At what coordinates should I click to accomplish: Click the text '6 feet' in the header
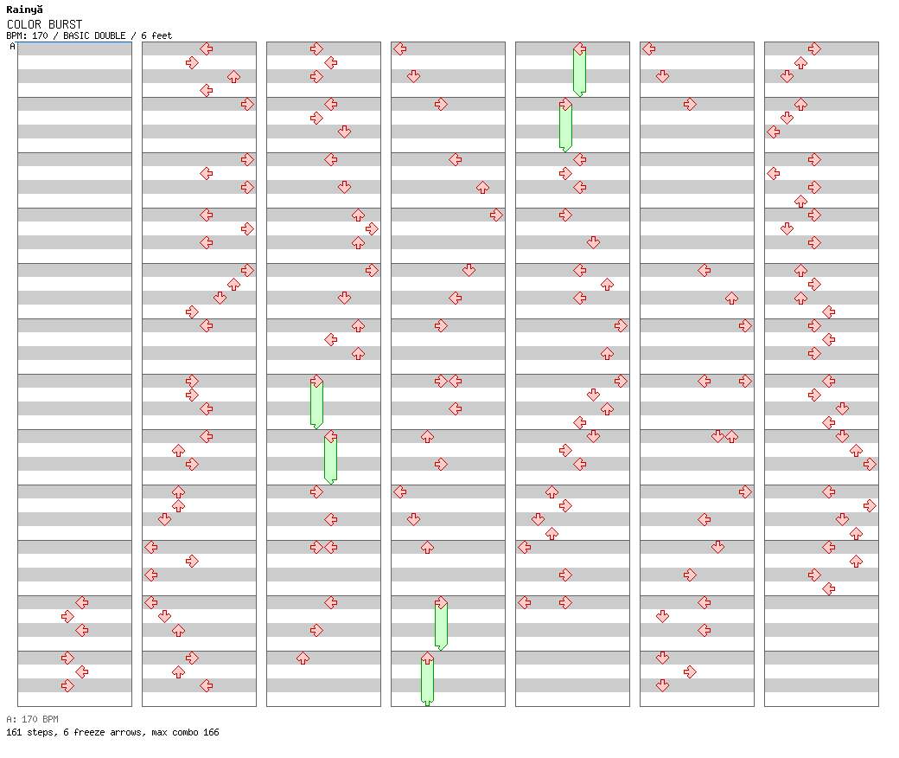156,36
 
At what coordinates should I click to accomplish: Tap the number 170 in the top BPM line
39,36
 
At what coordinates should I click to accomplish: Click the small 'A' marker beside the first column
12,47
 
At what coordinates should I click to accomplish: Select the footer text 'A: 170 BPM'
32,719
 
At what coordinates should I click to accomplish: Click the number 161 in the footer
14,732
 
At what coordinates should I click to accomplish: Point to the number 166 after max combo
211,732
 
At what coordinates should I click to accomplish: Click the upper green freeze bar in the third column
316,404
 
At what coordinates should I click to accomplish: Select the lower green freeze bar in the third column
330,459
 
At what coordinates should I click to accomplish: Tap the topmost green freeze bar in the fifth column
579,72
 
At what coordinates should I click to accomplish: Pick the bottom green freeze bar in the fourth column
427,681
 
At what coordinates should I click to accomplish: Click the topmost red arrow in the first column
81,602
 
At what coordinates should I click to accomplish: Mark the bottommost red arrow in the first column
67,685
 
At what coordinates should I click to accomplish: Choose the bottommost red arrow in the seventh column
828,588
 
